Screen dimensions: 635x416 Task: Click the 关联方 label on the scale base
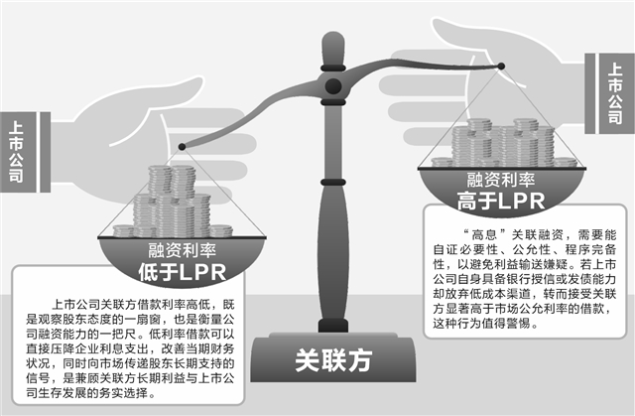tap(333, 360)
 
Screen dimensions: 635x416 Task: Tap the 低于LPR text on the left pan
tap(182, 272)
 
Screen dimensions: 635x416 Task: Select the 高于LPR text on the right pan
tap(501, 201)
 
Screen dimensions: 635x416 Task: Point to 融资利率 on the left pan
tap(182, 250)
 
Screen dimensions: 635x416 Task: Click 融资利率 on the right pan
tap(501, 180)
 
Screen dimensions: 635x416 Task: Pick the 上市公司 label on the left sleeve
tap(16, 152)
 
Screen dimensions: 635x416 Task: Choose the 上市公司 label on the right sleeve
tap(615, 93)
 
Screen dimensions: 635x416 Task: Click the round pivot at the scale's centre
tap(333, 85)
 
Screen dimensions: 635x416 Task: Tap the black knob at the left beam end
tap(182, 147)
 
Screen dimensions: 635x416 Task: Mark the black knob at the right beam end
tap(501, 67)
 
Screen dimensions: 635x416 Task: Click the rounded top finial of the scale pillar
tap(333, 48)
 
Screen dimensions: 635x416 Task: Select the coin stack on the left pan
tap(173, 203)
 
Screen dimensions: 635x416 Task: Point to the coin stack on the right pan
tap(504, 143)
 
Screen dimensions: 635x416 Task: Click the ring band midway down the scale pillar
tap(333, 183)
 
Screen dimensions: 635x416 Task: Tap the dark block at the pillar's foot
tap(333, 326)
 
